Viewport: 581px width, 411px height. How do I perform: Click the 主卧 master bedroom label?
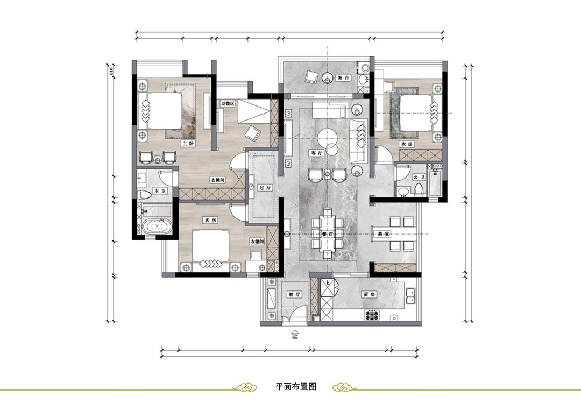coord(187,144)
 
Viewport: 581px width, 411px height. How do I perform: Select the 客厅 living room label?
coord(316,153)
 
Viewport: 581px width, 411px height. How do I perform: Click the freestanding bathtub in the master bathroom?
coord(157,227)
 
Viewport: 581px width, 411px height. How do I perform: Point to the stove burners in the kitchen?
coord(371,316)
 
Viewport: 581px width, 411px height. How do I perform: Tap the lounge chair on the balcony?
coord(311,77)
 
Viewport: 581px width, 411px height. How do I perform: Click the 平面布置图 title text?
coord(295,387)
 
